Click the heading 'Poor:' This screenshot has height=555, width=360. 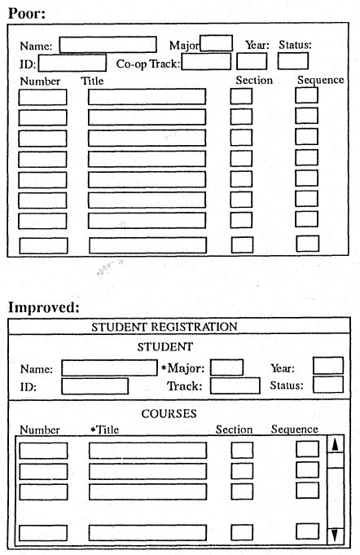coord(27,14)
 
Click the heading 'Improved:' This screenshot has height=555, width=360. coord(45,308)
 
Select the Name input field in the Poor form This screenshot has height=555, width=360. coord(108,45)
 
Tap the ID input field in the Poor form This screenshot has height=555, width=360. coord(72,63)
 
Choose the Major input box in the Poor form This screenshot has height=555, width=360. coord(216,43)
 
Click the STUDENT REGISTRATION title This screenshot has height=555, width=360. coord(164,327)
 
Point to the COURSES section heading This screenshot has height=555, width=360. coord(169,414)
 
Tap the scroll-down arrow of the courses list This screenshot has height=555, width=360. coord(335,535)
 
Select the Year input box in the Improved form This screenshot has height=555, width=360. coord(328,366)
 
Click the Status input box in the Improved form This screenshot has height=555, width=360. coord(328,385)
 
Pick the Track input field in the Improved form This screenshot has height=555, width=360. coord(235,385)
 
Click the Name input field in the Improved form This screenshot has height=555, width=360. coord(108,368)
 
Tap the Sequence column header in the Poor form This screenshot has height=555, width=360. coord(320,80)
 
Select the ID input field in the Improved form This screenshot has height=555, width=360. coord(94,386)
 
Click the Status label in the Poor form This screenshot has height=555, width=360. coord(295,45)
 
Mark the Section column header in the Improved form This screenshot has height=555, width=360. coord(234,429)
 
